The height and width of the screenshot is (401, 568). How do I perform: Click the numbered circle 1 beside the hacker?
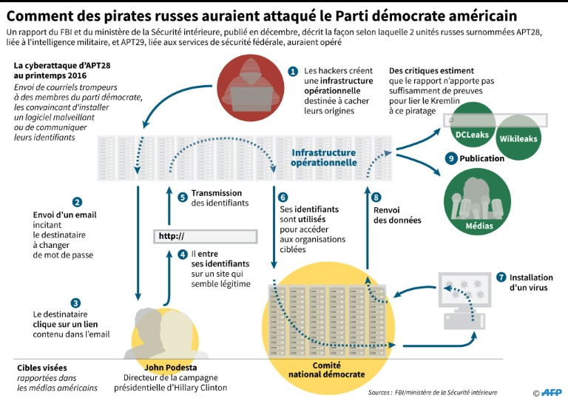click(293, 72)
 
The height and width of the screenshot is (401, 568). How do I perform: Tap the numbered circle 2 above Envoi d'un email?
click(76, 201)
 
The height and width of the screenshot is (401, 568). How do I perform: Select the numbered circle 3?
click(76, 302)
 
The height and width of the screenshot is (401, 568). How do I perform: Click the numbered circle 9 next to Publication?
click(450, 158)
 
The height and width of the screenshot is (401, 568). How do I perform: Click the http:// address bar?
click(205, 236)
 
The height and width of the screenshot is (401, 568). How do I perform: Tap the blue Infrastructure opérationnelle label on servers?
click(323, 158)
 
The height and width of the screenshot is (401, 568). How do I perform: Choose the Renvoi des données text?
click(396, 215)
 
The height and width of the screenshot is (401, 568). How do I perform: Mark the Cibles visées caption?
click(41, 367)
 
